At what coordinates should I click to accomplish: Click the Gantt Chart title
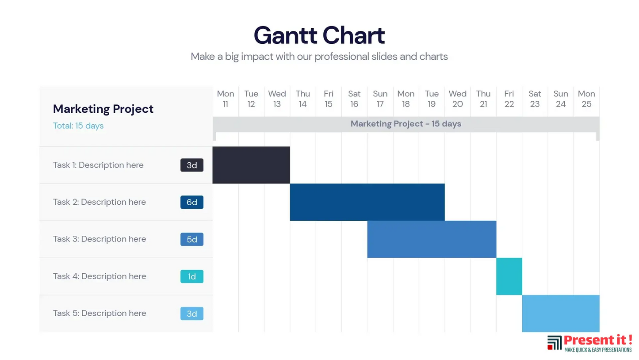pyautogui.click(x=319, y=35)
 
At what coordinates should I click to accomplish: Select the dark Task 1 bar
pyautogui.click(x=251, y=165)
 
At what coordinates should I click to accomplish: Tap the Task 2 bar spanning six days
pyautogui.click(x=367, y=202)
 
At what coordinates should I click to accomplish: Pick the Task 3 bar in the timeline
pyautogui.click(x=432, y=239)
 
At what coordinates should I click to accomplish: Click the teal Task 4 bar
pyautogui.click(x=509, y=276)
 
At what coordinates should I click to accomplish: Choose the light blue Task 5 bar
pyautogui.click(x=560, y=314)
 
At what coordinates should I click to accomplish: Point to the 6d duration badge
pyautogui.click(x=191, y=202)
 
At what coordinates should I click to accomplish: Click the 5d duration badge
pyautogui.click(x=191, y=239)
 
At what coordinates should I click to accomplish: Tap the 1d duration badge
pyautogui.click(x=191, y=276)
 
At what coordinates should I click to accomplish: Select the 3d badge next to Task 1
pyautogui.click(x=191, y=165)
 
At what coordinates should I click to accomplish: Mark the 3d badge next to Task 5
pyautogui.click(x=191, y=314)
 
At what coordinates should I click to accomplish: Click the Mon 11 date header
pyautogui.click(x=226, y=99)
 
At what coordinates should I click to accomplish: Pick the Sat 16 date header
pyautogui.click(x=354, y=99)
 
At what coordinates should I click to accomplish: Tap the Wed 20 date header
pyautogui.click(x=457, y=99)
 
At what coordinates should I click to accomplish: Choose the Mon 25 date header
pyautogui.click(x=586, y=99)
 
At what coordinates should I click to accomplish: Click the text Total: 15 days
pyautogui.click(x=78, y=126)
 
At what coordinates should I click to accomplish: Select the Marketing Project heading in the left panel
pyautogui.click(x=103, y=109)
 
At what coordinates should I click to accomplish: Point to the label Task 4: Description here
pyautogui.click(x=99, y=276)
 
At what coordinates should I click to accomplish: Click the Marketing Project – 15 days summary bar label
pyautogui.click(x=406, y=124)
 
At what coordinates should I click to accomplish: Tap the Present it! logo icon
pyautogui.click(x=554, y=343)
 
